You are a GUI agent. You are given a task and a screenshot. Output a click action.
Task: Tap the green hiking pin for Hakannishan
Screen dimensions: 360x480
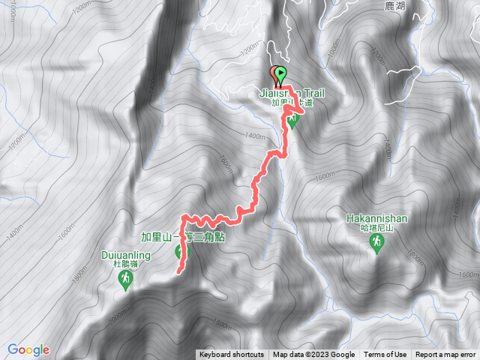378,242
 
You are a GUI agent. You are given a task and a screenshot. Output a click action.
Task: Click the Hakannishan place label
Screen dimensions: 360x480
377,219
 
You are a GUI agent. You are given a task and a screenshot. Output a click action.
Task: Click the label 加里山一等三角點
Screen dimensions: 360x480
183,237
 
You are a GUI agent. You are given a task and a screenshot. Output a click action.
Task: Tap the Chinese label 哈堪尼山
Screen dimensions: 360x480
377,228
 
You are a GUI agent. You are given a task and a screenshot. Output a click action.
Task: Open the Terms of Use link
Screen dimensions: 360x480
385,355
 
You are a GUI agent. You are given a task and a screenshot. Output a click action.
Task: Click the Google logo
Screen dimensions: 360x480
28,349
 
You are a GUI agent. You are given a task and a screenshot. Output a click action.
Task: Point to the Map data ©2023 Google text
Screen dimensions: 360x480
313,355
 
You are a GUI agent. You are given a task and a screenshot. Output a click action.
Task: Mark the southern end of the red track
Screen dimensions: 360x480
178,271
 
